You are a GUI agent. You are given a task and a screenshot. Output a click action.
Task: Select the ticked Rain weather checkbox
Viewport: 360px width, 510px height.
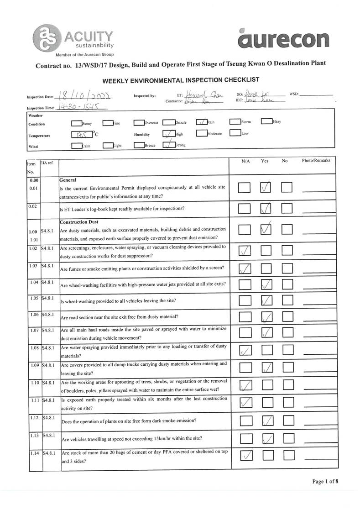click(202, 122)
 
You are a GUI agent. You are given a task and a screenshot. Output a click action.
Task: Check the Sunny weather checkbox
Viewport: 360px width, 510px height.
click(76, 122)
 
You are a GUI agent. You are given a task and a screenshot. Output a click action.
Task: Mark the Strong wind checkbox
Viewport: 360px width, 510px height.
click(169, 145)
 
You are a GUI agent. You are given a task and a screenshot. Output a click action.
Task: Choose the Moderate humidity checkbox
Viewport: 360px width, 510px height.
click(202, 133)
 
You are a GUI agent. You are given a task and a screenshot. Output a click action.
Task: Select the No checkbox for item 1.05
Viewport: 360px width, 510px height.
click(287, 300)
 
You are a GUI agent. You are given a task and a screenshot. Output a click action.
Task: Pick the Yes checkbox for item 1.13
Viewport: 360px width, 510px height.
click(267, 439)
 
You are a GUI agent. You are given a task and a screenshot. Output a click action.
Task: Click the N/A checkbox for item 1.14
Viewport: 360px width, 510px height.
click(245, 455)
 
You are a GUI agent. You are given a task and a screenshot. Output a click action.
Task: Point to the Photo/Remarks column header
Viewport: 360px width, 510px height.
click(316, 161)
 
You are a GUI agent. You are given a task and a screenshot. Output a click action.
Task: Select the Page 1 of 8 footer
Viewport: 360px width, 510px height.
click(325, 481)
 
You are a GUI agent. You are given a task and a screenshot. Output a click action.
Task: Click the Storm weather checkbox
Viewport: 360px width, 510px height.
click(235, 122)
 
